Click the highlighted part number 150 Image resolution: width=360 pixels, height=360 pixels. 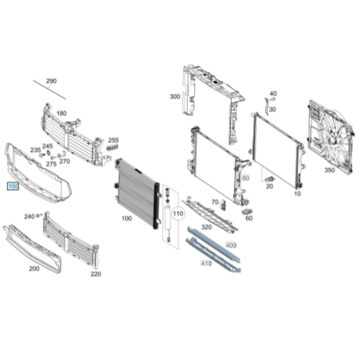[13, 186]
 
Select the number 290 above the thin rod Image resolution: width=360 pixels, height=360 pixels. [51, 80]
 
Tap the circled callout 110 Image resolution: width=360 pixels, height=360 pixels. [178, 213]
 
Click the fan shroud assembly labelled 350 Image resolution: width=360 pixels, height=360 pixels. [331, 137]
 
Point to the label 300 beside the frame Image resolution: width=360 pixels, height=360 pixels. [175, 96]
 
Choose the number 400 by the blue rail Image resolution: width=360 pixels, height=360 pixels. [231, 245]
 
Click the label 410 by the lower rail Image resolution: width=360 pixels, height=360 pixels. [206, 264]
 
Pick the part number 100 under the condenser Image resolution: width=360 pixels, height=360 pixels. [127, 218]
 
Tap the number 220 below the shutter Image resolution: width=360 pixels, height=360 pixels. [96, 274]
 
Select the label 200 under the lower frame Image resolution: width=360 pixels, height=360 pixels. [34, 268]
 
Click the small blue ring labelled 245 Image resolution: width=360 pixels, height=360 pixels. [49, 153]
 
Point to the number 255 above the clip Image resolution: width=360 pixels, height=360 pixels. [113, 140]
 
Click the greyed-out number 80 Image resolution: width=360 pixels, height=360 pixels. [246, 178]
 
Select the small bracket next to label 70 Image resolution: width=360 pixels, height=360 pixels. [223, 205]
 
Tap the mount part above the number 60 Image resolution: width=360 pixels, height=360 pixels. [247, 212]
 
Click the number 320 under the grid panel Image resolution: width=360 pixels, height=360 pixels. [206, 227]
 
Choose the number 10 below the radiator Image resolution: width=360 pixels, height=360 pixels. [297, 194]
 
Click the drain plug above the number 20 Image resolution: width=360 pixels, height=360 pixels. [270, 178]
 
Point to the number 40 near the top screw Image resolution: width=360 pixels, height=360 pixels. [273, 93]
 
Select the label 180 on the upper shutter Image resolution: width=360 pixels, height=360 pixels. [61, 113]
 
